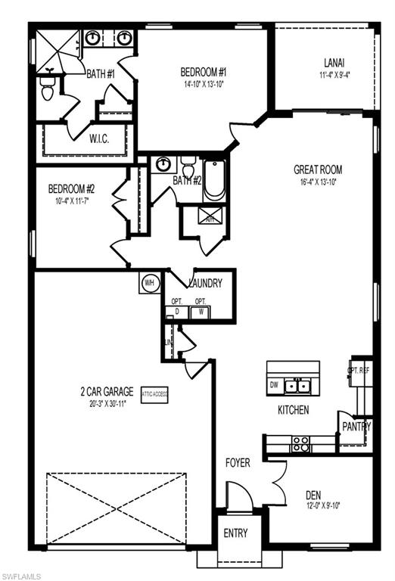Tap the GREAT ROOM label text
point(318,170)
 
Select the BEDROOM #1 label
point(204,73)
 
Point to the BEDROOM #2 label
point(72,189)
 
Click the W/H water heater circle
point(148,283)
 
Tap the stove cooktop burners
point(300,443)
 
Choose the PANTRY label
point(356,427)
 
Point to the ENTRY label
point(235,533)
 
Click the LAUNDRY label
point(205,284)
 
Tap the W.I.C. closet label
point(101,139)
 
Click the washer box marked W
point(201,310)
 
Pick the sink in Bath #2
point(163,164)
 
